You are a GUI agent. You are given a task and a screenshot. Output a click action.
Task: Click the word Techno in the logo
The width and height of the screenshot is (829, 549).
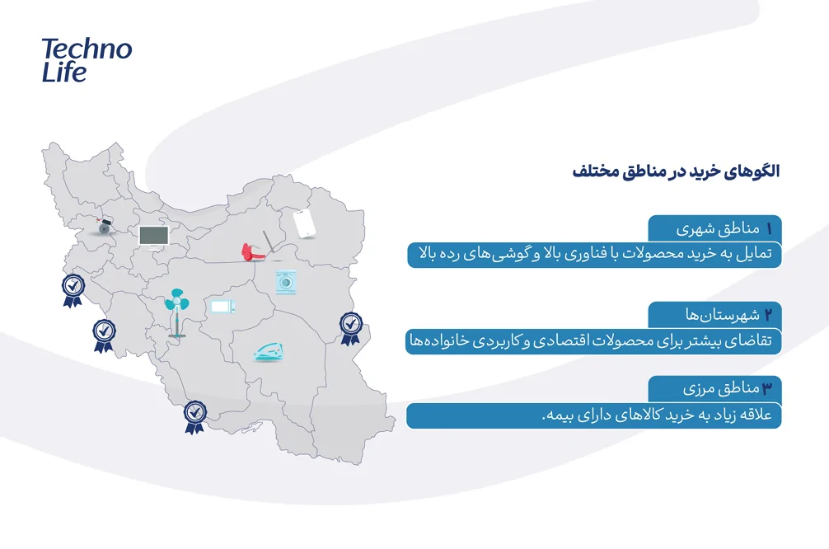[x=87, y=49]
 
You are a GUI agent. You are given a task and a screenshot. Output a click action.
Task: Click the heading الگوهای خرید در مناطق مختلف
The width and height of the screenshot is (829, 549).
[x=676, y=171]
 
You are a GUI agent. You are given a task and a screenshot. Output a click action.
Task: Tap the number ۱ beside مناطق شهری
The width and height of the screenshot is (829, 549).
[x=769, y=228]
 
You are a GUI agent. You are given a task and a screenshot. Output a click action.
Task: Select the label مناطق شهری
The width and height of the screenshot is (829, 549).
[x=718, y=229]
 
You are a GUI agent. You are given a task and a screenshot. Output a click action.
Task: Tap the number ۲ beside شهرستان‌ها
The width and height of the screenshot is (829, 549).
[x=769, y=315]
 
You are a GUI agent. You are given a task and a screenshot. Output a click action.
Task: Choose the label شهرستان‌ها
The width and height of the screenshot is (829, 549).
[x=722, y=315]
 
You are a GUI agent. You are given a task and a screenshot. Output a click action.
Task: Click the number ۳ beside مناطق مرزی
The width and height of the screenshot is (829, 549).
[x=767, y=389]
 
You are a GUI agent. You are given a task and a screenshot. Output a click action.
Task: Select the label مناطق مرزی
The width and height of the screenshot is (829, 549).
[x=721, y=389]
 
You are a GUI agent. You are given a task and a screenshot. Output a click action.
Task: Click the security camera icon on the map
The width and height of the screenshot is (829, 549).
[x=104, y=226]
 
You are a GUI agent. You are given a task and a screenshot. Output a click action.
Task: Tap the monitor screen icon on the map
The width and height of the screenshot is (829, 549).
[x=154, y=237]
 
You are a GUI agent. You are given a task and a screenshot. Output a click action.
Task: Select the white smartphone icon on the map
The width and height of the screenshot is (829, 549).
[x=305, y=223]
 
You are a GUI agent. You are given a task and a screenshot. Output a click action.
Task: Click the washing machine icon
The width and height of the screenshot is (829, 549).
[x=285, y=283]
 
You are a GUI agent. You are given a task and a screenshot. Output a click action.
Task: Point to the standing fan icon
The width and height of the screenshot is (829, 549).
[x=176, y=312]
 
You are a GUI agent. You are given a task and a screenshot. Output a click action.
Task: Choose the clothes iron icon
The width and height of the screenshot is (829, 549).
[x=269, y=352]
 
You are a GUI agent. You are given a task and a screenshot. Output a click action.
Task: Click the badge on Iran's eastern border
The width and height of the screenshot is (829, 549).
[x=350, y=328]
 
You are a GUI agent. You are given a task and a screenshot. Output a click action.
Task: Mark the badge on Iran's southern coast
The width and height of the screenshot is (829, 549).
[x=194, y=417]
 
